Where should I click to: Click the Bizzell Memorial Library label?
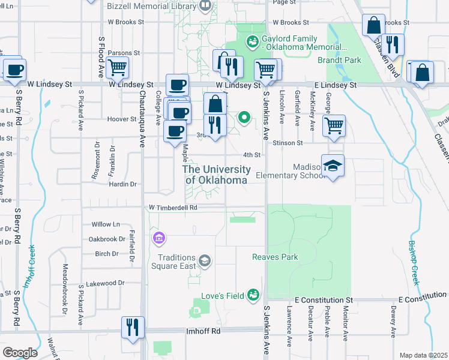pyautogui.click(x=152, y=6)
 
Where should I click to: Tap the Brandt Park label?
pyautogui.click(x=340, y=60)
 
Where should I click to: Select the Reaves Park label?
pyautogui.click(x=275, y=257)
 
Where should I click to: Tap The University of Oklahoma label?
pyautogui.click(x=217, y=175)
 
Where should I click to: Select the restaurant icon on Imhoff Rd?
pyautogui.click(x=131, y=327)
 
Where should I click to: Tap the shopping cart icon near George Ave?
pyautogui.click(x=334, y=125)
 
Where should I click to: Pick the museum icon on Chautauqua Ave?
pyautogui.click(x=158, y=239)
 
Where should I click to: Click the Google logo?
pyautogui.click(x=20, y=352)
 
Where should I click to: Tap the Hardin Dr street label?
pyautogui.click(x=123, y=184)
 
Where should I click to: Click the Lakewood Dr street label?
pyautogui.click(x=105, y=283)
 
